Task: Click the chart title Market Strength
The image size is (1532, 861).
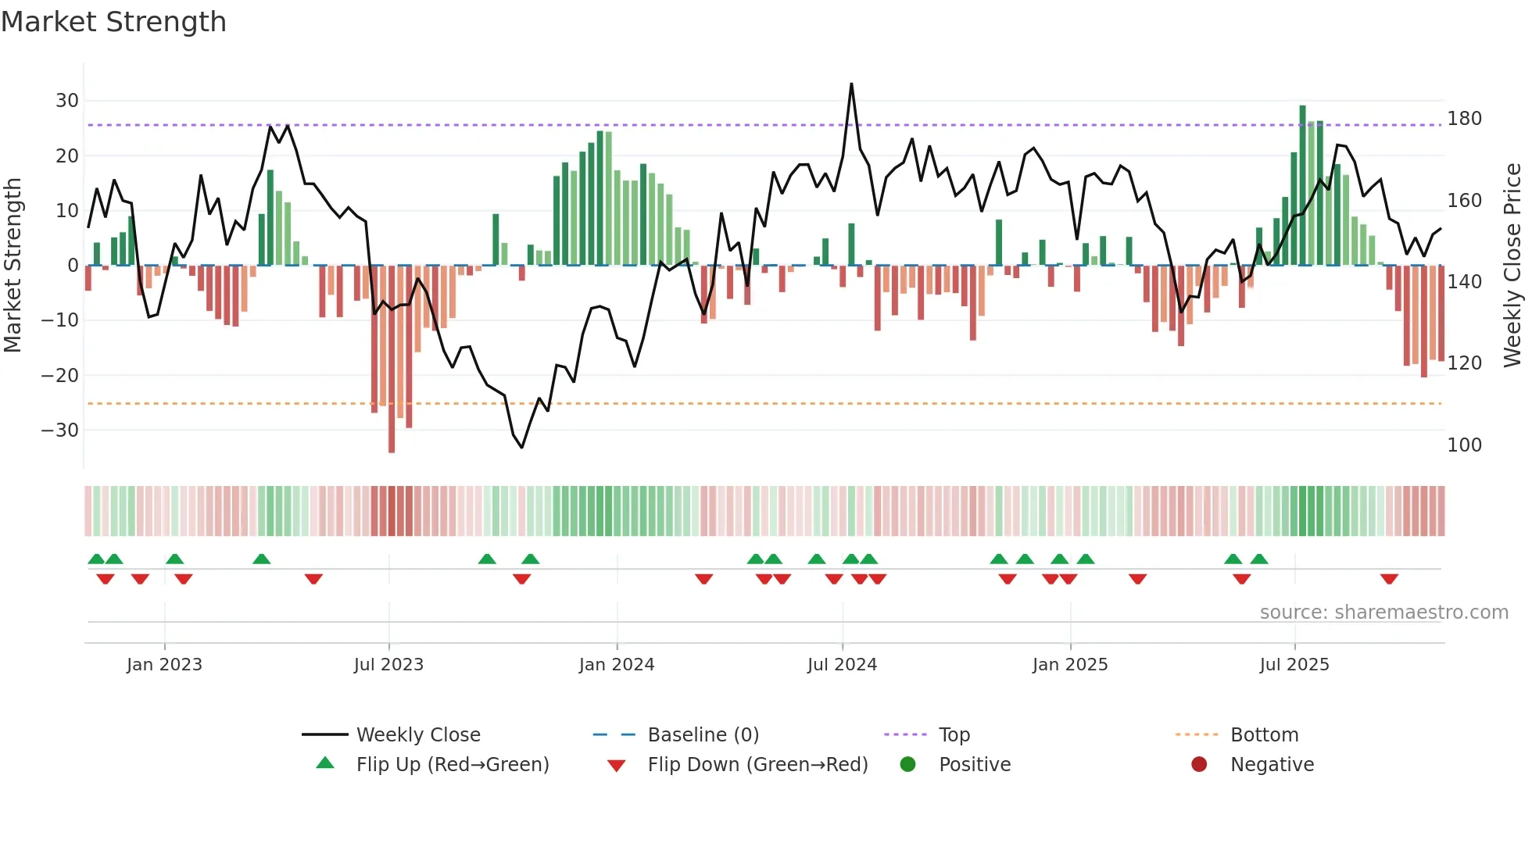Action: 113,22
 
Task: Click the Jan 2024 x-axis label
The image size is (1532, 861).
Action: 616,665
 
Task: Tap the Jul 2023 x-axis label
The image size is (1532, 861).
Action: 388,665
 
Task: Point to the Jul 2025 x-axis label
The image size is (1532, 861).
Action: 1294,665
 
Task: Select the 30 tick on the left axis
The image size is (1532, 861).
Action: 67,101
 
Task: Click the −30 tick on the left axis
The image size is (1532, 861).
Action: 60,430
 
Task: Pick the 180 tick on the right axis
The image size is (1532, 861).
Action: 1464,119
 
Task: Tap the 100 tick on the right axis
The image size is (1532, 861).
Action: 1464,445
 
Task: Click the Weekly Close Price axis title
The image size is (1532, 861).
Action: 1512,266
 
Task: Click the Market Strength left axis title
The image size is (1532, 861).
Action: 13,266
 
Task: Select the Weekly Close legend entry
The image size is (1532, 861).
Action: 417,735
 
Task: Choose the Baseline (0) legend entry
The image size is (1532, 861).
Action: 703,735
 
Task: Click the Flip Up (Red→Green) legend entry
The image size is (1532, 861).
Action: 452,765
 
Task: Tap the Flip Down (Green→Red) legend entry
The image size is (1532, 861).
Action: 757,765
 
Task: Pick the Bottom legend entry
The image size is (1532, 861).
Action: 1263,735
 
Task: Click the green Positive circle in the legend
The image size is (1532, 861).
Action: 907,765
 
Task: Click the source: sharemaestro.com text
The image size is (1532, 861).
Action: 1383,613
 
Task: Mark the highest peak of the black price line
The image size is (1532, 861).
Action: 851,84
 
